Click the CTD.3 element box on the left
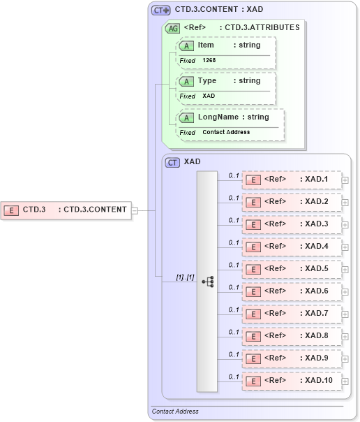pyautogui.click(x=66, y=210)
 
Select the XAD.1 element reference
pyautogui.click(x=291, y=180)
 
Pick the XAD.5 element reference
pyautogui.click(x=291, y=269)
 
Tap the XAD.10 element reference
pyautogui.click(x=291, y=381)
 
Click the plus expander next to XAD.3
pyautogui.click(x=345, y=225)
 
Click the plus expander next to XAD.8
pyautogui.click(x=345, y=337)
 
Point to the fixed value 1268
pyautogui.click(x=209, y=61)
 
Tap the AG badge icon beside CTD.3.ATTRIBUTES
pyautogui.click(x=172, y=29)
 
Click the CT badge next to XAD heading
pyautogui.click(x=172, y=162)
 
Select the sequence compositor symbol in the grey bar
pyautogui.click(x=207, y=281)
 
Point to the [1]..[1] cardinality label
pyautogui.click(x=184, y=277)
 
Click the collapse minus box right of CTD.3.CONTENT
pyautogui.click(x=135, y=210)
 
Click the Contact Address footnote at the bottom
pyautogui.click(x=175, y=412)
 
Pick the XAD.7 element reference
pyautogui.click(x=291, y=314)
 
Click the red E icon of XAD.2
pyautogui.click(x=254, y=203)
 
